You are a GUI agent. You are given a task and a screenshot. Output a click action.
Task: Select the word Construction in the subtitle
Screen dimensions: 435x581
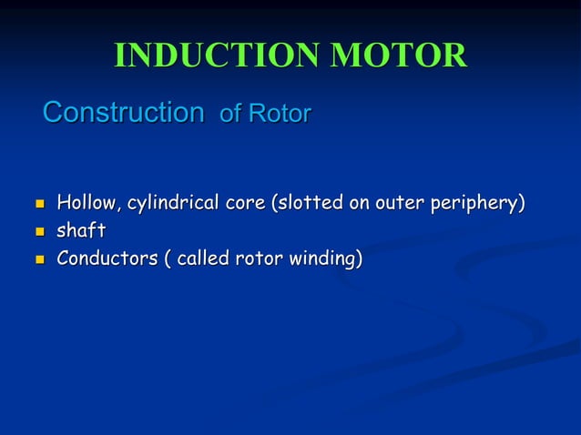pyautogui.click(x=123, y=113)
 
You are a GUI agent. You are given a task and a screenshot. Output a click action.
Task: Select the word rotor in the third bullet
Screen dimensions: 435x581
pyautogui.click(x=259, y=259)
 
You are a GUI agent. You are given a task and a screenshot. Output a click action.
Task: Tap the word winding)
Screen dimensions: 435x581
pyautogui.click(x=326, y=259)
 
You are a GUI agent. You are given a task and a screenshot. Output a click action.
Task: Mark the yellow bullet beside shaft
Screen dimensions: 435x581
pyautogui.click(x=36, y=232)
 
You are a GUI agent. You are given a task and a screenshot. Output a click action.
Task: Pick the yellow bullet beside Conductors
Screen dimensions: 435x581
pyautogui.click(x=36, y=260)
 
